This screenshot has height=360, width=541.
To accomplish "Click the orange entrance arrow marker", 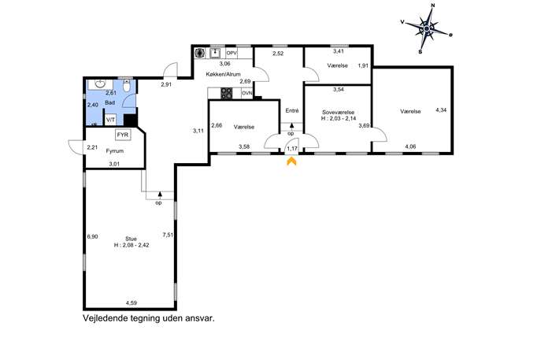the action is coord(291,161).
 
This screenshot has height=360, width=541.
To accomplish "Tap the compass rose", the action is coord(427,28).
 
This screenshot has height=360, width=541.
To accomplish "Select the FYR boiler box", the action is coord(123,135).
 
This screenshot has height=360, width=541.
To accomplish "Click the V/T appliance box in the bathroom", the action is coord(110,120).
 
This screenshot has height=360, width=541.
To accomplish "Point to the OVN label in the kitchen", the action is coord(247,93).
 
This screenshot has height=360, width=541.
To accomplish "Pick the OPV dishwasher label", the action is coord(232,53).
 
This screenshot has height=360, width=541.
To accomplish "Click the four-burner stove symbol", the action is coord(226,93).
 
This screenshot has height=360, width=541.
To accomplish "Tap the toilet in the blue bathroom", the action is coord(127,86).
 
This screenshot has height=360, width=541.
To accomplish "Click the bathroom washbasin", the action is coord(100,84).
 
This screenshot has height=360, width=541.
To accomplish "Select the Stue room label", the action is coord(131,239).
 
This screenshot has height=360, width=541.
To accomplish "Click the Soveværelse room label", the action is coord(338,112).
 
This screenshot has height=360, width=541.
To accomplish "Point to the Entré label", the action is coord(292,111).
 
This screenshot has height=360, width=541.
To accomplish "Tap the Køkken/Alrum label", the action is coord(223,74).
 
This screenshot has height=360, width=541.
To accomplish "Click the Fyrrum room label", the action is coord(114,150).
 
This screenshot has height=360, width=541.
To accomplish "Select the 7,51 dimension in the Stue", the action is coord(168,235).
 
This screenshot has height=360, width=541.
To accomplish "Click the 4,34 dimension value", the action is coord(441,110).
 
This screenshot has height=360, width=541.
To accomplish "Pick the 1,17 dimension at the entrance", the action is coord(292,148).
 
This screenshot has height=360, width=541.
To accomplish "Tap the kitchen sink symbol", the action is coord(215,53).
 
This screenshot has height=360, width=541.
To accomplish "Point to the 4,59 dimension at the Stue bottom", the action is coord(131,303).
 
